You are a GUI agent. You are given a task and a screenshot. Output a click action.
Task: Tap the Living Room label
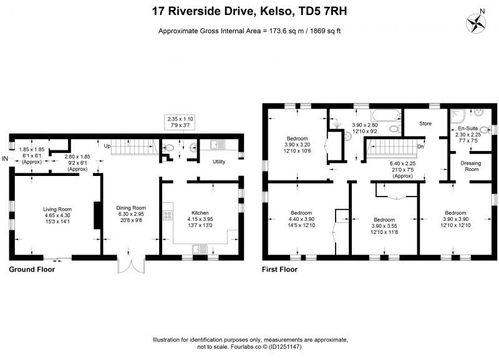coord(57,209)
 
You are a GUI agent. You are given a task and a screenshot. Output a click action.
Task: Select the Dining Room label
coord(131,208)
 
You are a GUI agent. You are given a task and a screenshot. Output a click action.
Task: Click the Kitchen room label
coord(200,213)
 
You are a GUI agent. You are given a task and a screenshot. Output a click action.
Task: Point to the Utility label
coord(219,162)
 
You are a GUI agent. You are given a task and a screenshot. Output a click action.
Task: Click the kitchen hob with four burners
coord(167,215)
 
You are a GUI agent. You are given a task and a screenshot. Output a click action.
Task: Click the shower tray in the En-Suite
coord(458,117)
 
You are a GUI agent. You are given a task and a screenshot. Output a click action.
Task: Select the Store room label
coord(425,124)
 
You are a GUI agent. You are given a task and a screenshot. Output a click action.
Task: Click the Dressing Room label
coord(471,166)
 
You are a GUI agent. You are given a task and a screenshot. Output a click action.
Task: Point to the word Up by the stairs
coord(107,146)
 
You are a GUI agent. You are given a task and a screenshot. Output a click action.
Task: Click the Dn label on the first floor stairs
coord(420,147)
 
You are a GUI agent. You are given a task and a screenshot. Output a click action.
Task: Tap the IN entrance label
coord(5,158)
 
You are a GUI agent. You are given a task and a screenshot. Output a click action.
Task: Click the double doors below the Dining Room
coord(131,265)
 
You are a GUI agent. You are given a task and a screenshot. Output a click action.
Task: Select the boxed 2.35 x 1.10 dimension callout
coord(180,122)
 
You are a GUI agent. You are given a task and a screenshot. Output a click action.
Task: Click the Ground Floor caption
coord(32,270)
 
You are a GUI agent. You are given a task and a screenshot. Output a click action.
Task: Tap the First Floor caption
coord(279,270)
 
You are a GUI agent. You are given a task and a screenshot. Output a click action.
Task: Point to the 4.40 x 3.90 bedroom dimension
coord(301,219)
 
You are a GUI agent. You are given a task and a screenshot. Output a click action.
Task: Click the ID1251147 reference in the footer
coord(285,347)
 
